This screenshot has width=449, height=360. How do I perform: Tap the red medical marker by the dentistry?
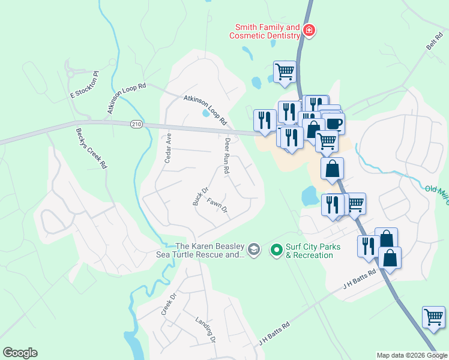(x=309, y=30)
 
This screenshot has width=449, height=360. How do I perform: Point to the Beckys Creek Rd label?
(x=91, y=148)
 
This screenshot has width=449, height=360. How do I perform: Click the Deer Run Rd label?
(x=226, y=157)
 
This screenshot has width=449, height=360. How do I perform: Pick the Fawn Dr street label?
(x=217, y=206)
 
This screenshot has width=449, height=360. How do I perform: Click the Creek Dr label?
(x=167, y=304)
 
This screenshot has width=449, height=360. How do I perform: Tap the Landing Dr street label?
(x=205, y=329)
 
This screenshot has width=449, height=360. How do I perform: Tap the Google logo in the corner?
(x=20, y=353)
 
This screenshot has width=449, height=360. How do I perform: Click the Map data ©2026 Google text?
(x=411, y=355)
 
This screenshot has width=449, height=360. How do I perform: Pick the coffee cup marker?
(x=334, y=124)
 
